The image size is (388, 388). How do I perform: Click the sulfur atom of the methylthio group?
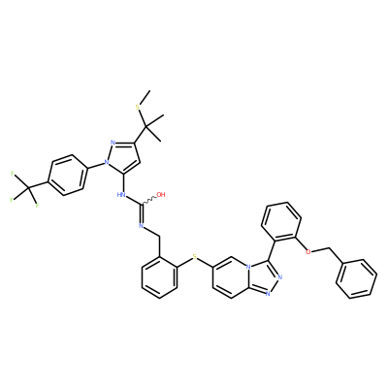point(138,107)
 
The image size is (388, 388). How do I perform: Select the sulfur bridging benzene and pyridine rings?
point(195,257)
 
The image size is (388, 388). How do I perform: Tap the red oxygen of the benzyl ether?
point(308,252)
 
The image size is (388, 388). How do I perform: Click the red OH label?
point(161,194)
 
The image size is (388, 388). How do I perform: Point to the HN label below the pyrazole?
point(121,195)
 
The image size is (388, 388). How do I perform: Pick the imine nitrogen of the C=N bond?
point(142,225)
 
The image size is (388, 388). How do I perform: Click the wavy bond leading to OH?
point(148,201)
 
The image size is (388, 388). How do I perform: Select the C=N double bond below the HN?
point(142,213)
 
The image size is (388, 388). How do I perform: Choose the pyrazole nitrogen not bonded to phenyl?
point(113,143)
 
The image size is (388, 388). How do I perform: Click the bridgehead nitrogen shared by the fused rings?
point(248,268)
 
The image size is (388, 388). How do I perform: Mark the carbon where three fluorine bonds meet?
point(28,187)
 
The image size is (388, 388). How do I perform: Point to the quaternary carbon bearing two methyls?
point(145,125)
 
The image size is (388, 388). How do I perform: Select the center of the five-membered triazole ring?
point(265,277)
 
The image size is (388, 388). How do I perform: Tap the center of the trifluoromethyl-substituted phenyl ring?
point(67,175)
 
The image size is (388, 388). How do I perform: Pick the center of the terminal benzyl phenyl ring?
point(356,278)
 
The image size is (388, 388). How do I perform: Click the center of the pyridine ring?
point(231,277)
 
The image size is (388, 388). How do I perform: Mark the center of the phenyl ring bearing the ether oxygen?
point(281,222)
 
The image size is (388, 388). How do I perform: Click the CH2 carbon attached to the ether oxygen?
point(330,249)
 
